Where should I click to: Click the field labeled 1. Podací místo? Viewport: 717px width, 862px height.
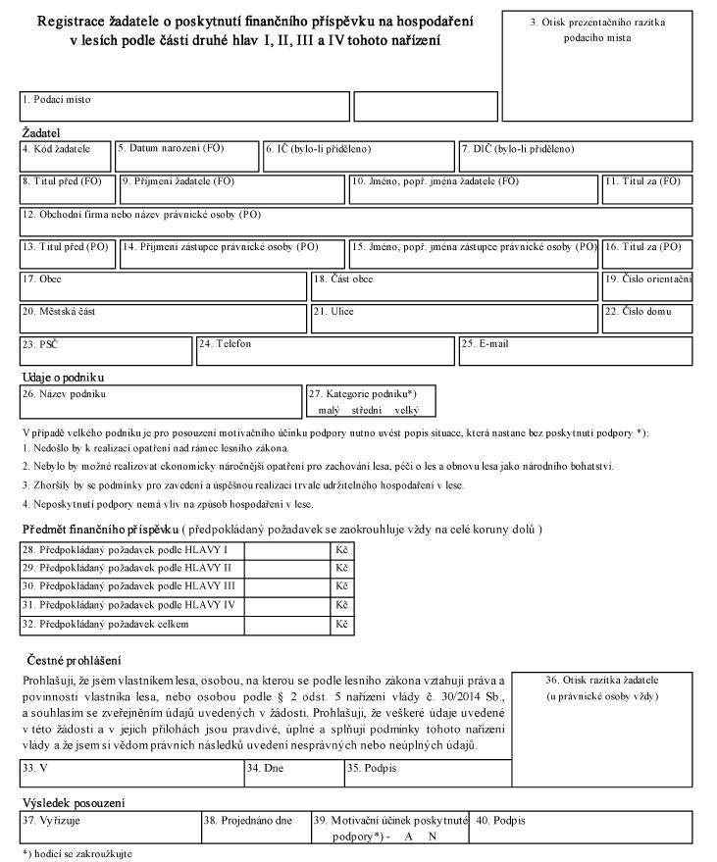pyautogui.click(x=184, y=106)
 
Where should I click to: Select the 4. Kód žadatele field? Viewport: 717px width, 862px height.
pyautogui.click(x=66, y=157)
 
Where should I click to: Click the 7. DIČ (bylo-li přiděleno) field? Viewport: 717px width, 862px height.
pyautogui.click(x=575, y=157)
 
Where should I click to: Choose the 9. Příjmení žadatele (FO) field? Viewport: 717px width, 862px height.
pyautogui.click(x=232, y=189)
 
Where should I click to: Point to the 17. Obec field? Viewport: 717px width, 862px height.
pyautogui.click(x=163, y=286)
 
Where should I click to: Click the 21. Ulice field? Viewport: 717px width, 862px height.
pyautogui.click(x=453, y=319)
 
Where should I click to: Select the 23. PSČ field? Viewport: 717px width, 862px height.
pyautogui.click(x=106, y=351)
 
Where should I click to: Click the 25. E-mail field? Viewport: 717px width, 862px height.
pyautogui.click(x=574, y=351)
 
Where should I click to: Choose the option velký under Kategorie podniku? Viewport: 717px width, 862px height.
pyautogui.click(x=406, y=410)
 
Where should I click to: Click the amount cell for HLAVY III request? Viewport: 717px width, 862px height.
pyautogui.click(x=287, y=585)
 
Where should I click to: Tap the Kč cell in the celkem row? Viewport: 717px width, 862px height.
pyautogui.click(x=341, y=624)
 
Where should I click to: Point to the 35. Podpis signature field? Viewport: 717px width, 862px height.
pyautogui.click(x=427, y=774)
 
